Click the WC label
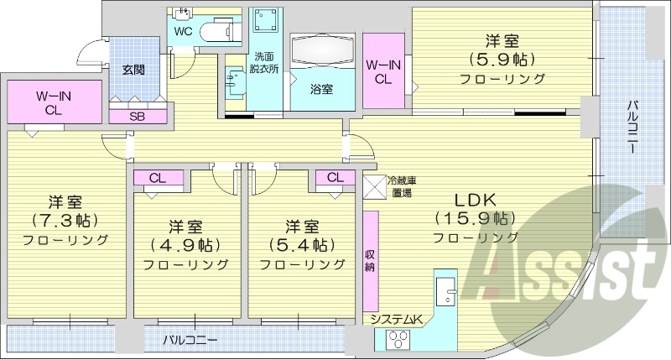click(x=185, y=32)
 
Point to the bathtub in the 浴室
click(x=323, y=51)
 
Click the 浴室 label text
click(x=321, y=88)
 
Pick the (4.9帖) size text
click(x=185, y=245)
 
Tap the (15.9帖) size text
click(x=475, y=219)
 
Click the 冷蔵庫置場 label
click(x=402, y=185)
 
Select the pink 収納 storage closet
click(x=370, y=260)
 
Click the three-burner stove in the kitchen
click(x=398, y=341)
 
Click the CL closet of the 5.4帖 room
click(x=335, y=177)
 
